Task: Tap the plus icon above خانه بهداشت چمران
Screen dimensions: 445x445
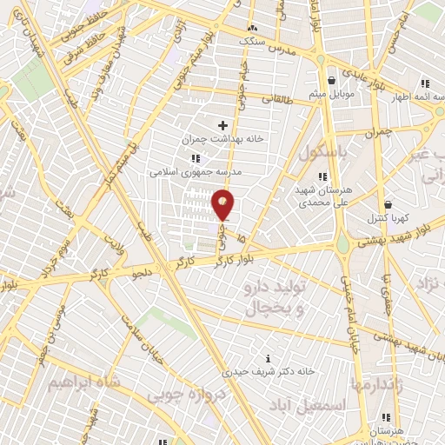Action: click(223, 126)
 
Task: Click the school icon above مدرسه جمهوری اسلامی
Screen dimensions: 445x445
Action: click(196, 158)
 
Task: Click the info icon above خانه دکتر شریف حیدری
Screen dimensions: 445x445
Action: click(268, 358)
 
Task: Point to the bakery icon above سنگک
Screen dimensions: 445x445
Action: click(253, 27)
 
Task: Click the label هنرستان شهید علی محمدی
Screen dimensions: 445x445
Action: click(300, 196)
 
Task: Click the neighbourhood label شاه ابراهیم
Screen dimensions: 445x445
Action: click(78, 382)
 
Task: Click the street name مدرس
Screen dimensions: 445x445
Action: click(283, 51)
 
